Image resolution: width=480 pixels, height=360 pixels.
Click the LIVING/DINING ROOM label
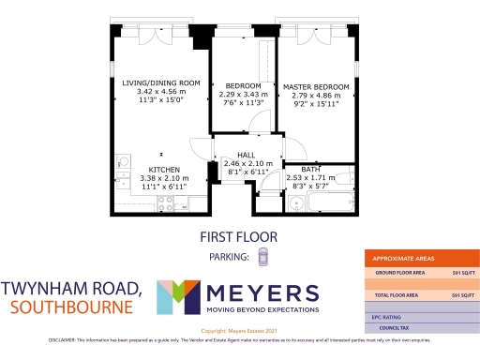coord(161,82)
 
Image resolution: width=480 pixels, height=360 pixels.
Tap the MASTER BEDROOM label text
coord(316,87)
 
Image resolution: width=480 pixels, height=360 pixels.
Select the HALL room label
coord(246,155)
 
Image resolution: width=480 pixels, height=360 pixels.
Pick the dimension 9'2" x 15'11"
coord(316,104)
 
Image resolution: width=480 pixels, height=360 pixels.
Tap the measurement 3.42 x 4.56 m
coord(161,91)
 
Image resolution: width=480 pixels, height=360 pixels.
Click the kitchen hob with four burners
coord(166,202)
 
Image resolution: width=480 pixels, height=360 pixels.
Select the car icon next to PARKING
coord(263,256)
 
